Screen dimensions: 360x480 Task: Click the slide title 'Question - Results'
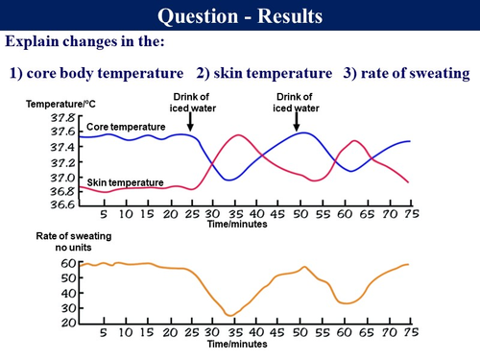pyautogui.click(x=239, y=16)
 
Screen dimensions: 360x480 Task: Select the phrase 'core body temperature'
pyautogui.click(x=108, y=73)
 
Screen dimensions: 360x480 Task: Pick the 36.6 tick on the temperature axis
pyautogui.click(x=62, y=204)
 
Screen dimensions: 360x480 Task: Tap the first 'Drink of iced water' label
pyautogui.click(x=190, y=102)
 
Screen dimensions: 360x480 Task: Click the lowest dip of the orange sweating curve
pyautogui.click(x=229, y=315)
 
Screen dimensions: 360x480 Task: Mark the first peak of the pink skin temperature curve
pyautogui.click(x=234, y=135)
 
